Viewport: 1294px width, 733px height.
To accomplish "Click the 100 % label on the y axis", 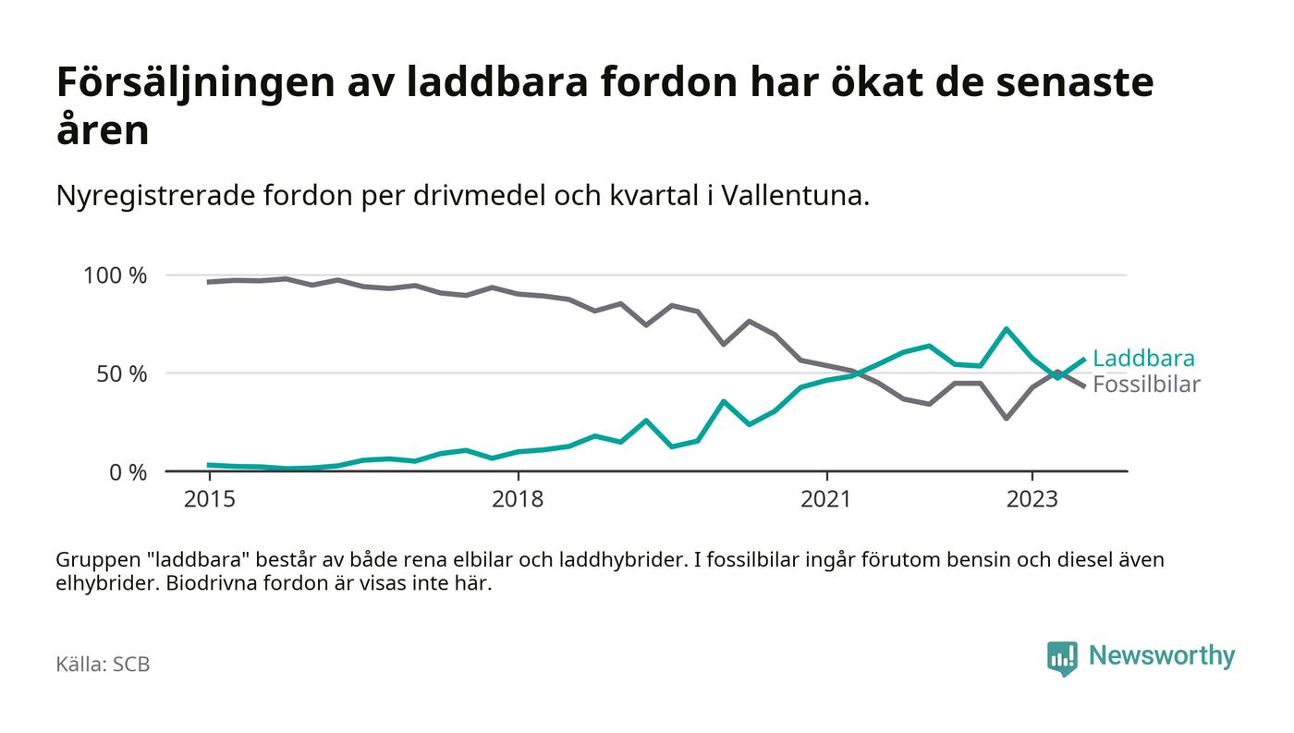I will [x=116, y=275].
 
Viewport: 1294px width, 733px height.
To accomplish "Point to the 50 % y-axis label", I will [x=121, y=374].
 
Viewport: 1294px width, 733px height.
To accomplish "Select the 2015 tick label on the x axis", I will [x=209, y=499].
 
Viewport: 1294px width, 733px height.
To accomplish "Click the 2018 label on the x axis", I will [x=519, y=499].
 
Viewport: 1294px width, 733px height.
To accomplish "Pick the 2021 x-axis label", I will [x=825, y=499].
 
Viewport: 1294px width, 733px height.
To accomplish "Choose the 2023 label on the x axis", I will [x=1032, y=499].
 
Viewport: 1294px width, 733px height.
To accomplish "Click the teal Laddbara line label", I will [x=1143, y=359].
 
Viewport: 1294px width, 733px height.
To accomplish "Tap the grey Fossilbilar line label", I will [x=1146, y=385].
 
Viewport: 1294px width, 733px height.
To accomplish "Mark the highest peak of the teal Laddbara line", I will [x=1006, y=328].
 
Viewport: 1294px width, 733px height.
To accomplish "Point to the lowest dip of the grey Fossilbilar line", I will [x=1006, y=419].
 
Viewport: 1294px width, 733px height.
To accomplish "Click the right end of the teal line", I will [x=1084, y=360].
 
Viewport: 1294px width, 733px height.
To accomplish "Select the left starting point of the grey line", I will [x=209, y=282].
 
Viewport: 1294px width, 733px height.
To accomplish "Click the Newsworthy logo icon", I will [x=1062, y=657].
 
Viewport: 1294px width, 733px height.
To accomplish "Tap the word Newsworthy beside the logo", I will [x=1162, y=656].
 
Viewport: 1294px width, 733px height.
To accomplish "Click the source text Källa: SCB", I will [x=103, y=665].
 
